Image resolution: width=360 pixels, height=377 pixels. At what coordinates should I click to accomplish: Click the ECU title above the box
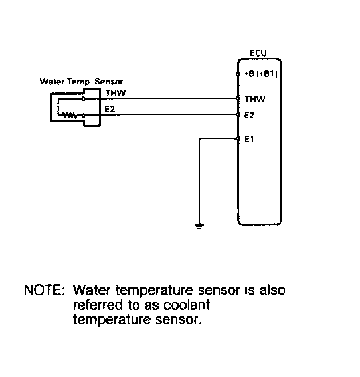coord(258,53)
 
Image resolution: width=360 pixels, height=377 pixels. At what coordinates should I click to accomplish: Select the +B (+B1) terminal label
coord(261,74)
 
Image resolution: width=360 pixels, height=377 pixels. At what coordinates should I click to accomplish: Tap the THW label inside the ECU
coord(255,99)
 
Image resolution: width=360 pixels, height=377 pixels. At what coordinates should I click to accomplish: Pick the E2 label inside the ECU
coord(249,115)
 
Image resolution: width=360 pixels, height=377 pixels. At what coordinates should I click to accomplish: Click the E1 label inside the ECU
coord(249,139)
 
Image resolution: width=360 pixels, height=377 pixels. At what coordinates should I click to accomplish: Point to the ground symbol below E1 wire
coord(199,226)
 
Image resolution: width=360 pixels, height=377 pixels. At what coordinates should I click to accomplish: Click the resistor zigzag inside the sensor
coord(70,116)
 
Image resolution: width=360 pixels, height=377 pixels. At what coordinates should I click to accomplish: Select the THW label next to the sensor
coord(116,93)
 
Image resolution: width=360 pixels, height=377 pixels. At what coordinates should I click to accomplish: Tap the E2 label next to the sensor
coord(110,109)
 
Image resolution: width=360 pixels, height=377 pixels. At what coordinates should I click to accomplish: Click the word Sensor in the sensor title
coord(108,82)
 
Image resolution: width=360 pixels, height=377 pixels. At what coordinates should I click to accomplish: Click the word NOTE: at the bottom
coord(45,290)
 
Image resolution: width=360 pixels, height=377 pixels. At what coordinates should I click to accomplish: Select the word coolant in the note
coord(187,305)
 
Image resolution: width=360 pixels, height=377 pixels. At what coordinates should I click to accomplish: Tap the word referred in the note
coord(98,305)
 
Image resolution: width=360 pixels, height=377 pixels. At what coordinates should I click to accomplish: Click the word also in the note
coord(272,290)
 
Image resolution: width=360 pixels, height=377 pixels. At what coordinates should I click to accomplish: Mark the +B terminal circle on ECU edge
coord(238,74)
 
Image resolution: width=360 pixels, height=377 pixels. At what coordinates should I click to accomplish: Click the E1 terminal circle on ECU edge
coord(238,139)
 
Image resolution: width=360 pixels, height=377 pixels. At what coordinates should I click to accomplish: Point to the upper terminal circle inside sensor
coord(84,99)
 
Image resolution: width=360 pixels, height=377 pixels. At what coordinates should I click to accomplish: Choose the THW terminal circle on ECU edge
coord(238,98)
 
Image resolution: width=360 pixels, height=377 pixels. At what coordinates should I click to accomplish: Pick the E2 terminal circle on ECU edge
coord(238,114)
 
